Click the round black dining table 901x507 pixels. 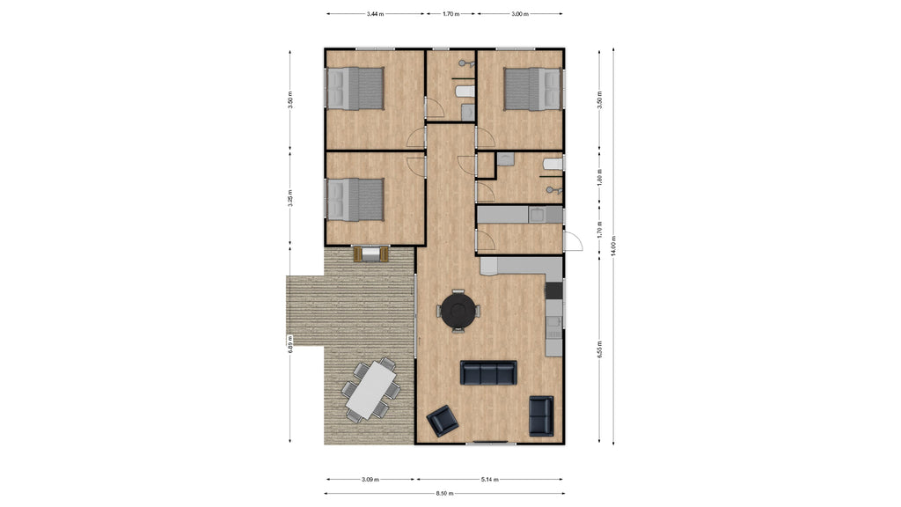click(458, 311)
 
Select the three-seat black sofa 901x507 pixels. click(488, 372)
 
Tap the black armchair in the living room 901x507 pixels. click(443, 421)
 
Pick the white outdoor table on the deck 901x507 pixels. click(372, 390)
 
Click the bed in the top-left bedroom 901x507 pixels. click(355, 89)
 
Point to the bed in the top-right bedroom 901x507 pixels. click(532, 89)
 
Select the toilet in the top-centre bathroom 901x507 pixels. click(464, 91)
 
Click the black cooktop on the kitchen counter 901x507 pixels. click(553, 290)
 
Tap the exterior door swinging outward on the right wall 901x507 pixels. click(573, 241)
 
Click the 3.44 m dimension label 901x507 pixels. click(375, 14)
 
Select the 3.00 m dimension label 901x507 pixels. click(519, 14)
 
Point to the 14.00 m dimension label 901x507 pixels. click(613, 246)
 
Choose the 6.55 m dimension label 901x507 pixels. click(599, 349)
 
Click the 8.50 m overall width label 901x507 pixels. click(444, 493)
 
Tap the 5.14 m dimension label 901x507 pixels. click(489, 479)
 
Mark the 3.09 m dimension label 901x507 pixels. click(370, 479)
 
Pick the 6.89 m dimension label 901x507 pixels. click(290, 344)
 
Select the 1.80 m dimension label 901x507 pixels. click(599, 177)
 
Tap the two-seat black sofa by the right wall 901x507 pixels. click(541, 415)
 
